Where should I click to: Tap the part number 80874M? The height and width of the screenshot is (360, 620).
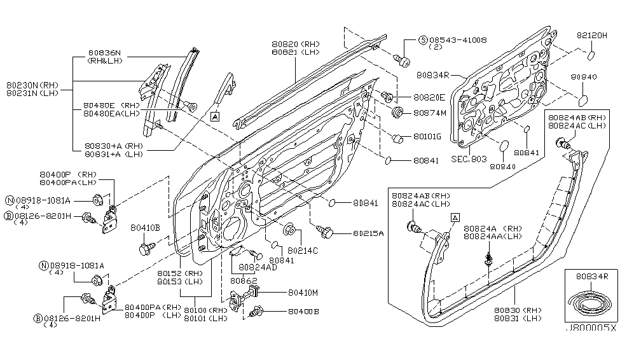coord(430,113)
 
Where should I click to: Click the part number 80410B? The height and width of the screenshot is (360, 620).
coord(145,227)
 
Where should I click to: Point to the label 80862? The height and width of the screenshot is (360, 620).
coord(243,280)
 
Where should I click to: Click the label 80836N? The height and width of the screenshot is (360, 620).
coord(105,53)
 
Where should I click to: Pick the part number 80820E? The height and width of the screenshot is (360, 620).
coord(430,98)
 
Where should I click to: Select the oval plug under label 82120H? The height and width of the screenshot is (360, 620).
coord(591,55)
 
